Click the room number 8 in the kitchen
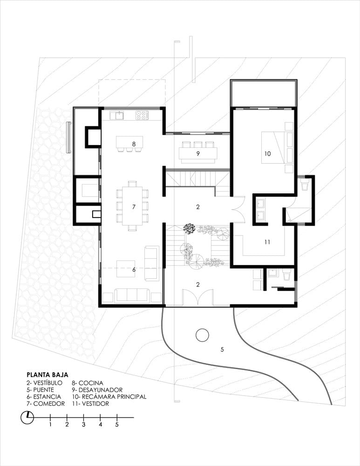(x=134, y=144)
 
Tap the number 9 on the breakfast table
(x=198, y=153)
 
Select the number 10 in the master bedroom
(x=267, y=153)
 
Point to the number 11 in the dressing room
(x=267, y=242)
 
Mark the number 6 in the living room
(x=134, y=269)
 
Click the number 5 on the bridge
(x=222, y=349)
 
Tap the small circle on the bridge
(x=202, y=335)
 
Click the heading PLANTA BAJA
(x=48, y=374)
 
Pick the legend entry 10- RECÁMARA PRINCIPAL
(x=109, y=397)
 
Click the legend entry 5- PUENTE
(x=41, y=390)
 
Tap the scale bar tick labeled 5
(x=117, y=424)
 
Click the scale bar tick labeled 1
(x=50, y=424)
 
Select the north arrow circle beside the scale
(x=27, y=417)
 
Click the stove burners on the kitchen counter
(x=142, y=114)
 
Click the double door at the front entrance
(x=197, y=298)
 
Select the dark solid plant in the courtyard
(x=189, y=228)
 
